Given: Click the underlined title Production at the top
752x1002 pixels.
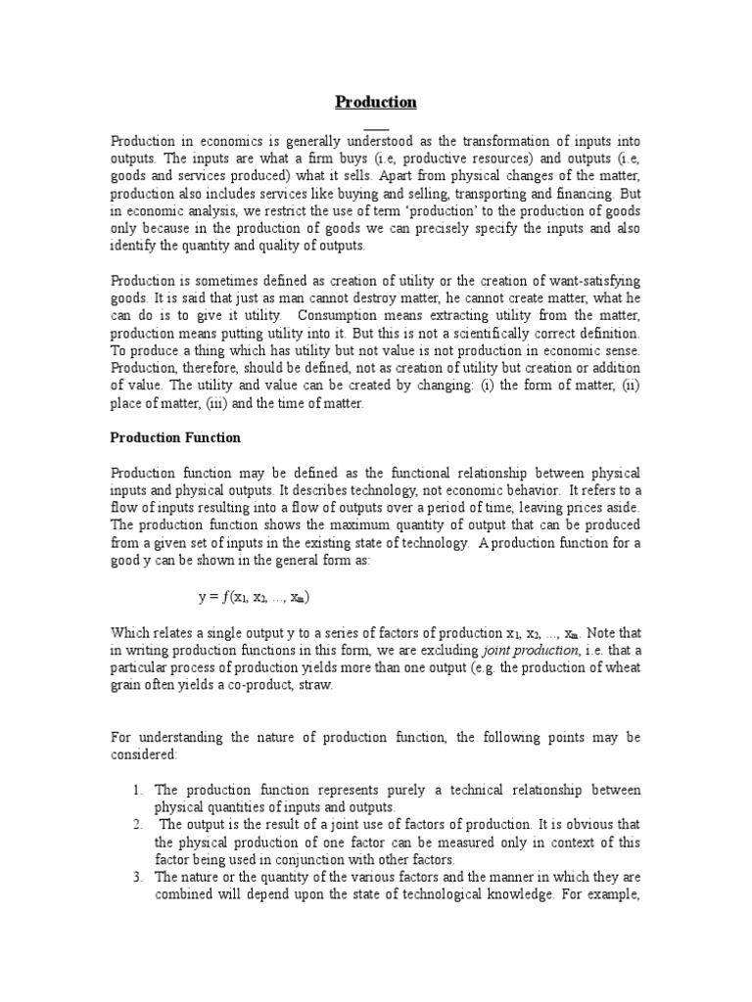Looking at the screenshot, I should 376,102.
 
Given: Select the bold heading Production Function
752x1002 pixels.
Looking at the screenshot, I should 175,437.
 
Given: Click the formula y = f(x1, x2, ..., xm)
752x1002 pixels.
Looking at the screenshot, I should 254,597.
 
